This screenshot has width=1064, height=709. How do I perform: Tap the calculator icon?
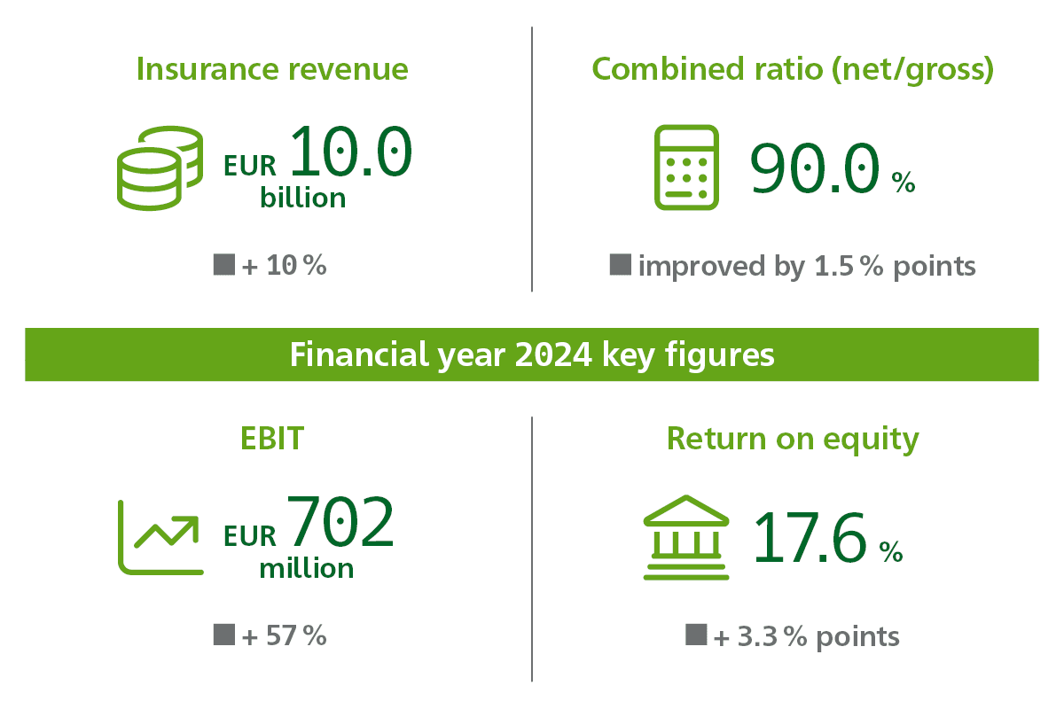[x=686, y=168]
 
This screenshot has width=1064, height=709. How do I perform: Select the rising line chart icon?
[x=160, y=538]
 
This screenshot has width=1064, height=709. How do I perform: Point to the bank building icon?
[x=686, y=537]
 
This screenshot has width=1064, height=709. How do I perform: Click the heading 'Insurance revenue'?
[x=272, y=69]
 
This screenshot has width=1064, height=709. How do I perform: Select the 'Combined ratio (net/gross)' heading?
[x=793, y=70]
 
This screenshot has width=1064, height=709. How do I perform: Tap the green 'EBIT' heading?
[x=272, y=438]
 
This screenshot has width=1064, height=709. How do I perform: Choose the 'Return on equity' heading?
[x=793, y=440]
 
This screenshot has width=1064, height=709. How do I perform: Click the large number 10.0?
[x=351, y=151]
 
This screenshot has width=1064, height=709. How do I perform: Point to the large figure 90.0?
[x=815, y=168]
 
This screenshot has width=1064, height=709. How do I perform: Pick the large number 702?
[x=340, y=521]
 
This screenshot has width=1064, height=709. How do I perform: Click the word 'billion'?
[x=302, y=197]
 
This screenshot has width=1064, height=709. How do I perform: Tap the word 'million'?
[x=307, y=568]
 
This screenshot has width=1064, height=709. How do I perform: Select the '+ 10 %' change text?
[x=284, y=265]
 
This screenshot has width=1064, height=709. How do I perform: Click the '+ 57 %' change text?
[x=284, y=635]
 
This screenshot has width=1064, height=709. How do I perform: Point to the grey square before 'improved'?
[x=621, y=264]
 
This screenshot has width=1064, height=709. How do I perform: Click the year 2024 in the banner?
[x=553, y=354]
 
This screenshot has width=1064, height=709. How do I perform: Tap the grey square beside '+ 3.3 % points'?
[x=696, y=635]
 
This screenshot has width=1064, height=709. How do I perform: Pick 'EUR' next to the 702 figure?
[x=250, y=536]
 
